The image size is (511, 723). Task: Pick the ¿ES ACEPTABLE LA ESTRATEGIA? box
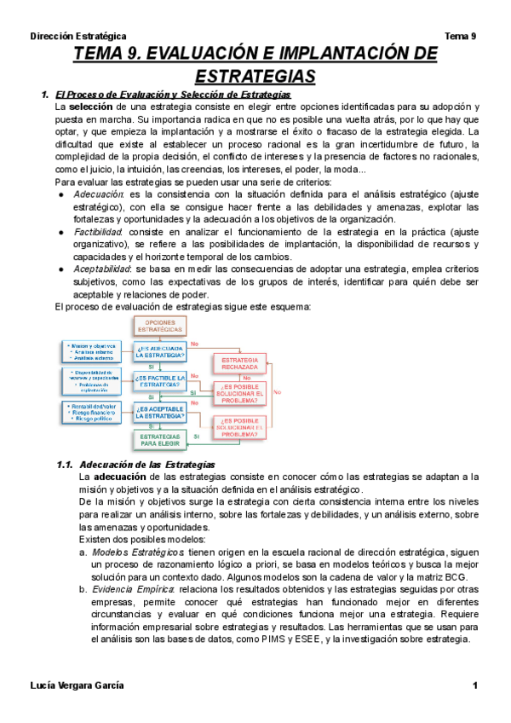point(158,413)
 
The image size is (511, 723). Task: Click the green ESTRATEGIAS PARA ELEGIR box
point(158,440)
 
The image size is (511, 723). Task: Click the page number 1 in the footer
point(474,686)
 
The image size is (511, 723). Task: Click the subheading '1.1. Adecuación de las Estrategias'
point(136,465)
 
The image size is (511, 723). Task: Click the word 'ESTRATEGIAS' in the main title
point(255,77)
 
